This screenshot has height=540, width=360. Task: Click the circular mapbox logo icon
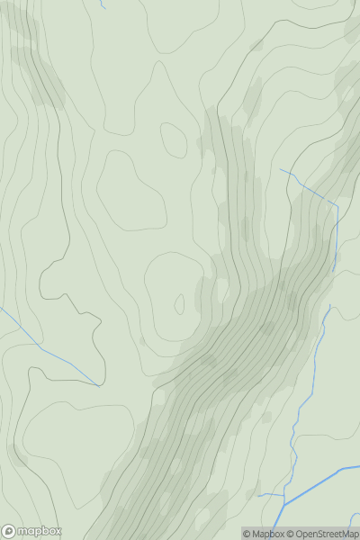click(9, 531)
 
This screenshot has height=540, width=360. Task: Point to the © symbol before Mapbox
click(247, 534)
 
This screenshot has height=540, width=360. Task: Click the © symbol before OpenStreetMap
click(292, 534)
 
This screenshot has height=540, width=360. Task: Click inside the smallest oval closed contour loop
click(173, 138)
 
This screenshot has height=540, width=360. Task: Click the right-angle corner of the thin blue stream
click(337, 206)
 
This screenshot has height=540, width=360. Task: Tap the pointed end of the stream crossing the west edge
click(98, 385)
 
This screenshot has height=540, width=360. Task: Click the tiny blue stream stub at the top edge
click(103, 4)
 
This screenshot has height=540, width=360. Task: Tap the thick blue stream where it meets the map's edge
click(358, 467)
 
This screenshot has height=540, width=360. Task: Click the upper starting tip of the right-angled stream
click(280, 168)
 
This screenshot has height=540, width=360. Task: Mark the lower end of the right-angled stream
click(333, 272)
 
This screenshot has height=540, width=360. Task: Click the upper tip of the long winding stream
click(330, 305)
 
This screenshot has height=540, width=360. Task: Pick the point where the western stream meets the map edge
click(1, 309)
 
